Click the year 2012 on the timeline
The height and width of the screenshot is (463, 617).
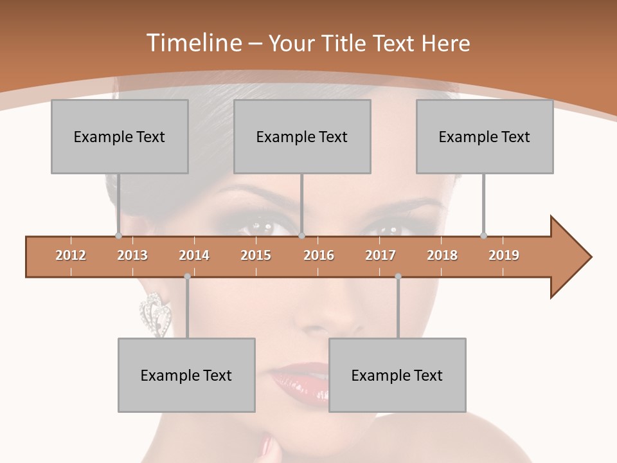click(71, 255)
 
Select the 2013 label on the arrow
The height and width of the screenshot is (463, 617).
click(132, 255)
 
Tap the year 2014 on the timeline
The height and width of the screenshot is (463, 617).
click(194, 255)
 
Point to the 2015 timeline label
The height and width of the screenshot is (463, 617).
click(256, 255)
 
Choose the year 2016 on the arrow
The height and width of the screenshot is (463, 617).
click(319, 255)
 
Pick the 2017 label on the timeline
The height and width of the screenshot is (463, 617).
click(380, 255)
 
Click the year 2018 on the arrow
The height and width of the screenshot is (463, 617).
click(442, 255)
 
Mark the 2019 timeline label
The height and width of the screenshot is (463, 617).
click(504, 255)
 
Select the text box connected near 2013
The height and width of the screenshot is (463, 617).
click(120, 136)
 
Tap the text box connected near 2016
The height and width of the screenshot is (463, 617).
click(302, 136)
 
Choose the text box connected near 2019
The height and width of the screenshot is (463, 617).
click(485, 136)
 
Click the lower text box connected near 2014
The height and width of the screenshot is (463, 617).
click(186, 375)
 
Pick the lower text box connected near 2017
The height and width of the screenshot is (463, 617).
click(397, 375)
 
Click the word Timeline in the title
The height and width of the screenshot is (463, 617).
click(193, 43)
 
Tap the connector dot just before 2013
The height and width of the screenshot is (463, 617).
click(119, 235)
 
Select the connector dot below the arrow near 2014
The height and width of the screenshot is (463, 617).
click(187, 277)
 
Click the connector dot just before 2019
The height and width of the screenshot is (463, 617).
click(484, 235)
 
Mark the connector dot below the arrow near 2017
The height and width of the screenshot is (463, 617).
click(398, 277)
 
